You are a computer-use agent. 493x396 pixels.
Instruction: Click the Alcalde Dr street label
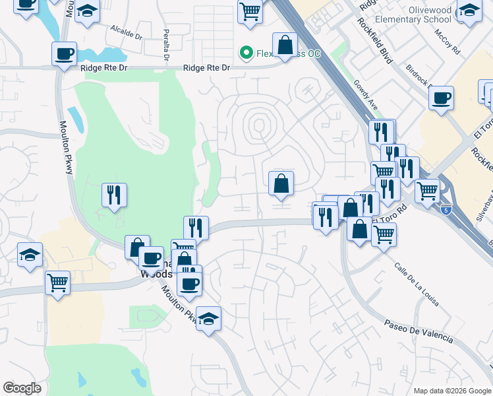(x=127, y=31)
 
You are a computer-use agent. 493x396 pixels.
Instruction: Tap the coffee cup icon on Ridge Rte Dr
(x=65, y=54)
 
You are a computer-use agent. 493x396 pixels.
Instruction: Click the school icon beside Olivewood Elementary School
(x=469, y=11)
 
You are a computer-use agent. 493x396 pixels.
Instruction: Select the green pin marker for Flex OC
(x=246, y=51)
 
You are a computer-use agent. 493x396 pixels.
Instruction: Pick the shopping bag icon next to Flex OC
(x=285, y=46)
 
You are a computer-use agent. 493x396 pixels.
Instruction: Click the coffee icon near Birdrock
(x=441, y=98)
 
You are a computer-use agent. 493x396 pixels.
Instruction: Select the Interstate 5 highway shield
(x=448, y=211)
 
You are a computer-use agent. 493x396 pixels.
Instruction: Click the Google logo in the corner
(x=22, y=388)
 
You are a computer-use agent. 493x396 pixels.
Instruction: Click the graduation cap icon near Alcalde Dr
(x=87, y=11)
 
